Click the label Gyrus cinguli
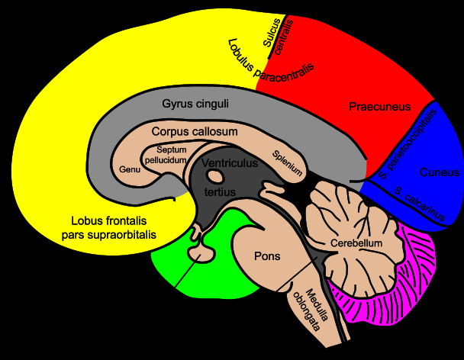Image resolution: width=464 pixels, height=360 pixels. coord(195,104)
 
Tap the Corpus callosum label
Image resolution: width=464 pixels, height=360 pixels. coord(195,132)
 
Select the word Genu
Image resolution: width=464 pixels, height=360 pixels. coord(130,169)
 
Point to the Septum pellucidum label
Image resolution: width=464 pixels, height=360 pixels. coord(166,155)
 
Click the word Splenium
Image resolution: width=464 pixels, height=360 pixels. coord(287,163)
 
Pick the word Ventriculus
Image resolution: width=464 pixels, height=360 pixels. coord(230,163)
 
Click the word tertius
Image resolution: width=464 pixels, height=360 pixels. coord(220,192)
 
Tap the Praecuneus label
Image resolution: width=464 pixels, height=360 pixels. coord(379,107)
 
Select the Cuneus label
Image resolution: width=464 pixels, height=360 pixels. coord(440,172)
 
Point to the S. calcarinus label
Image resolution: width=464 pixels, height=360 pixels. coord(420,204)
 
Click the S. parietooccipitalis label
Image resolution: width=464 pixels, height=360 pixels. coord(408,144)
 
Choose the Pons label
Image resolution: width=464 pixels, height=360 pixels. coord(267,256)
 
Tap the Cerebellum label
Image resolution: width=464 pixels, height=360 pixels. coord(356,243)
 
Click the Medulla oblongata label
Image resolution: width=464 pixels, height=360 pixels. coord(311,310)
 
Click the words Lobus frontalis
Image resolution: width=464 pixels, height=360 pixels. coord(109,221)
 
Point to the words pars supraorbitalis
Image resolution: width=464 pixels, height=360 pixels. coord(109,235)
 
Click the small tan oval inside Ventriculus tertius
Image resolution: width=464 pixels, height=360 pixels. coord(215,176)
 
